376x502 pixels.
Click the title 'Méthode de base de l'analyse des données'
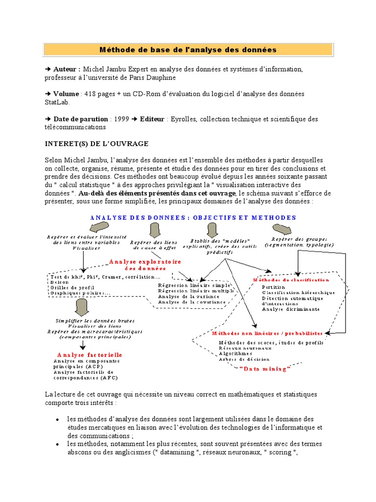(188, 50)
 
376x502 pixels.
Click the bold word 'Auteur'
(66, 69)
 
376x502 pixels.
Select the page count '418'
(91, 94)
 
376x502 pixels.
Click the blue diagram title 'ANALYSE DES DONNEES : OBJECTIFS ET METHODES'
(193, 217)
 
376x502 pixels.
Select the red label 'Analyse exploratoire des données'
(145, 265)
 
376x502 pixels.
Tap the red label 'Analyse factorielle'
(90, 354)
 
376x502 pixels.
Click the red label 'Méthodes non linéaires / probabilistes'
(267, 333)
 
